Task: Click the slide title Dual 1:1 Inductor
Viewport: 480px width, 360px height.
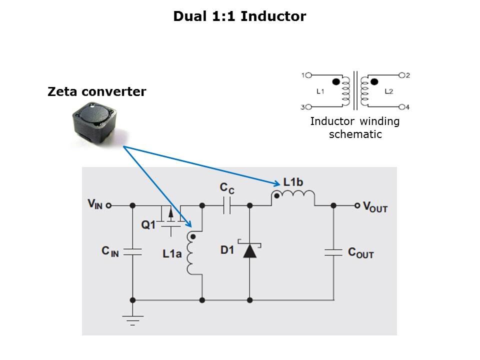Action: point(239,16)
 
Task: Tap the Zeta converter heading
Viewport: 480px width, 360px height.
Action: point(97,92)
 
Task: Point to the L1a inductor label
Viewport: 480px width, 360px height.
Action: point(171,253)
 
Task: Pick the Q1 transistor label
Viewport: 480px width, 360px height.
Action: point(148,225)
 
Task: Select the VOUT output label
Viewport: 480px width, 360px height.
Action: point(375,206)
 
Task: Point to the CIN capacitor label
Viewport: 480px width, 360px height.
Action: point(110,251)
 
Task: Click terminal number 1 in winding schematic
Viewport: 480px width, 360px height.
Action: point(303,75)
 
